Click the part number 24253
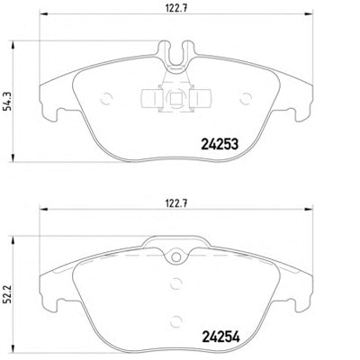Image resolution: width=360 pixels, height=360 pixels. point(220,144)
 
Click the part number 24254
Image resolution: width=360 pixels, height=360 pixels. point(220,337)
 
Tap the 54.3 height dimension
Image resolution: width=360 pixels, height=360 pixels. point(8,102)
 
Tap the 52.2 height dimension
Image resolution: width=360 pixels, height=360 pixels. point(8,294)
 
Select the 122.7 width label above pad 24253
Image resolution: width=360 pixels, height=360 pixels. point(176,8)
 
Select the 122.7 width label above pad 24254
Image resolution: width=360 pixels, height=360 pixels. point(176,204)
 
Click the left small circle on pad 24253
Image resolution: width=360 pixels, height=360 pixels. point(107,98)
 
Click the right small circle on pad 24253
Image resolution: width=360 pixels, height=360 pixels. point(246,98)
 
